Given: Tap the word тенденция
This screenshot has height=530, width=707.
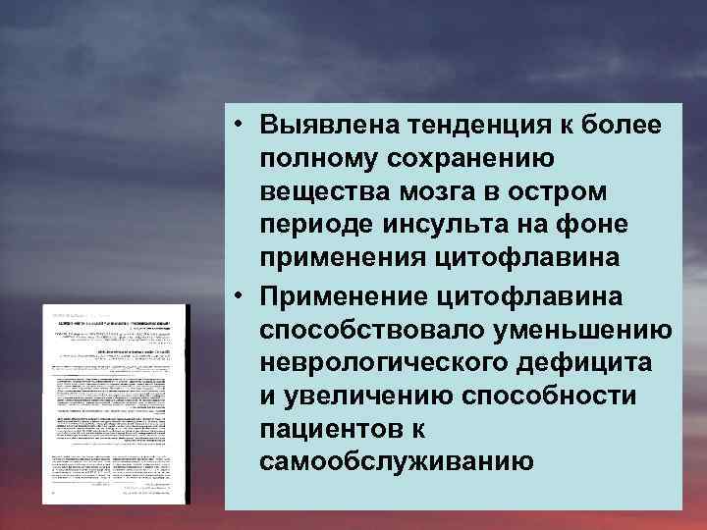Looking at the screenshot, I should pyautogui.click(x=467, y=125).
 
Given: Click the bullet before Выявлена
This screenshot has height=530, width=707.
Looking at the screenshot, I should pyautogui.click(x=240, y=125).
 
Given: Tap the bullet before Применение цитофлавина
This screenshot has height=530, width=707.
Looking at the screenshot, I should pyautogui.click(x=240, y=293).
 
